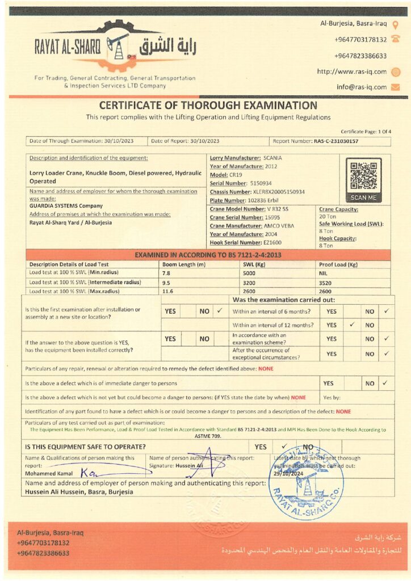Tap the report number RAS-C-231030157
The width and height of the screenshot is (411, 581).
tap(336, 141)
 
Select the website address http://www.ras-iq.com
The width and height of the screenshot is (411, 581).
tap(351, 71)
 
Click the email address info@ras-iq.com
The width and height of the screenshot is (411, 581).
tap(361, 87)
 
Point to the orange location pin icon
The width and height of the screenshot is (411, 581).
tap(396, 24)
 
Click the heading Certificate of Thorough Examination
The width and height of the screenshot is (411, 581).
tap(208, 105)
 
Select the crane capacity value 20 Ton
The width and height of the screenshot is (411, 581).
tap(328, 217)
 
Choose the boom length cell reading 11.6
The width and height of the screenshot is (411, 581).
tap(167, 291)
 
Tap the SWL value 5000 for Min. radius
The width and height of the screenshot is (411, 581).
tap(250, 273)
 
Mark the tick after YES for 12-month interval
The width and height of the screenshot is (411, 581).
tap(352, 325)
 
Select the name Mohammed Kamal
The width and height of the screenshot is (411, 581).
tap(48, 473)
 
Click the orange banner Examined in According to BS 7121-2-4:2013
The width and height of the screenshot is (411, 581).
tap(208, 255)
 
